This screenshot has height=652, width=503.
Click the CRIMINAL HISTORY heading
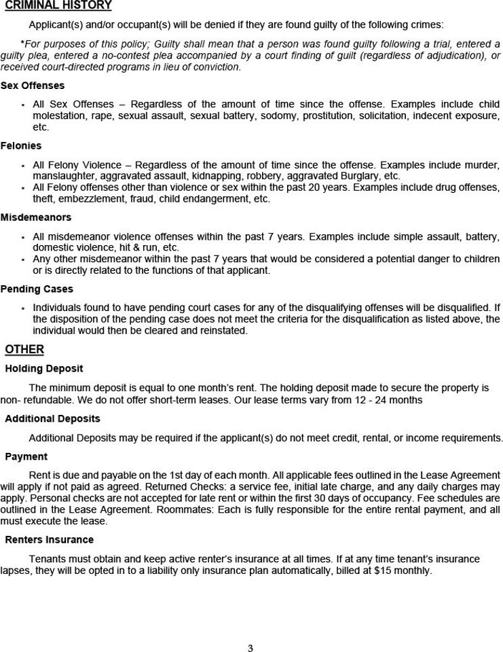(x=58, y=6)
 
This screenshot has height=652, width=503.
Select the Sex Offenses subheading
(x=33, y=86)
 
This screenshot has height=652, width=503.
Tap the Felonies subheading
(x=21, y=146)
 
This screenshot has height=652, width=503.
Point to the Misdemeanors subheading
(x=36, y=217)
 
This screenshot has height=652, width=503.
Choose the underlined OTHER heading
(x=24, y=349)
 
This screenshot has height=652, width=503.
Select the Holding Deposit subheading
(x=44, y=369)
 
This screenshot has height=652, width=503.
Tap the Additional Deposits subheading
(x=52, y=419)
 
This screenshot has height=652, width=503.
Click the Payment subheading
(x=26, y=457)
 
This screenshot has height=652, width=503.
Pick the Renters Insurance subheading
(x=50, y=540)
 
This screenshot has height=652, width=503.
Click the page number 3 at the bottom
(x=250, y=648)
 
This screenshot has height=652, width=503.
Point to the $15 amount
(x=382, y=570)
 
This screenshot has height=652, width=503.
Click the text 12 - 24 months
(x=388, y=400)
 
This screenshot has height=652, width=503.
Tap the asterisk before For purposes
(x=22, y=44)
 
